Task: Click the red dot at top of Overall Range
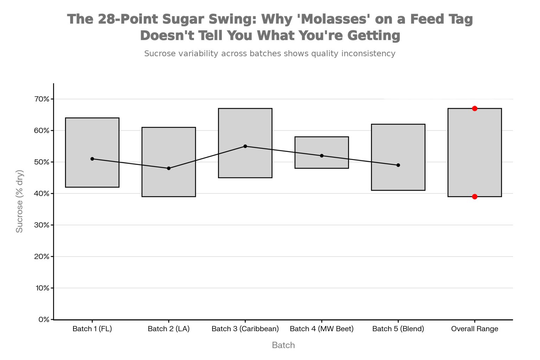[475, 109]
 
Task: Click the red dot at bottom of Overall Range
[475, 197]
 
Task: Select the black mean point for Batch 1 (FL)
[92, 159]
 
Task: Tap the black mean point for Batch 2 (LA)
[169, 168]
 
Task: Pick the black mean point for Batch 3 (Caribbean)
[245, 146]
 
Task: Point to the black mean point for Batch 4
[322, 156]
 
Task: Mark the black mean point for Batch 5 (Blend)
[398, 165]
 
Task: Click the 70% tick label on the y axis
[42, 99]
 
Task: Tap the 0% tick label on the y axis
[44, 320]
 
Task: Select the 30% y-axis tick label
[42, 225]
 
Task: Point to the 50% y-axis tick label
[42, 162]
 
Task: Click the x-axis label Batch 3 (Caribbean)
[245, 329]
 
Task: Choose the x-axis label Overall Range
[475, 329]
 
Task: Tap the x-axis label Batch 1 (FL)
[92, 329]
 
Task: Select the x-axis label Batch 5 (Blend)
[398, 329]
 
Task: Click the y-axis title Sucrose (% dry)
[19, 201]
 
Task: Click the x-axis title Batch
[283, 345]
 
